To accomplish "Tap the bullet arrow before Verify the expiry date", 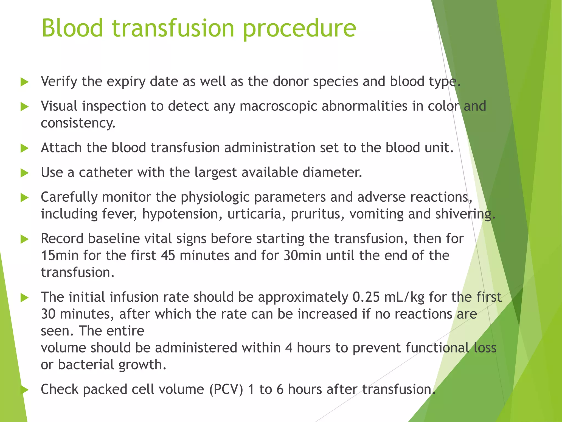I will click(25, 82).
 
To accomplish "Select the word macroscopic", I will click(278, 107).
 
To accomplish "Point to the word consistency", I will click(78, 123).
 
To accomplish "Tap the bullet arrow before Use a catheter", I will click(25, 173).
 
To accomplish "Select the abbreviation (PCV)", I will click(226, 390).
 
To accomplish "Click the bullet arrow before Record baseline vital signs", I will click(25, 239).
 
